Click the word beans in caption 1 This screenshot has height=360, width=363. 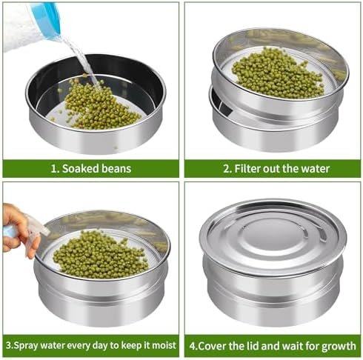(116, 169)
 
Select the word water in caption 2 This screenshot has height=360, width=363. (316, 169)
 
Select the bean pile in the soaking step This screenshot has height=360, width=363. (99, 104)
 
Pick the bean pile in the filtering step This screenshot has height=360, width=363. (277, 73)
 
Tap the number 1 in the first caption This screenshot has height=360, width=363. (54, 169)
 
